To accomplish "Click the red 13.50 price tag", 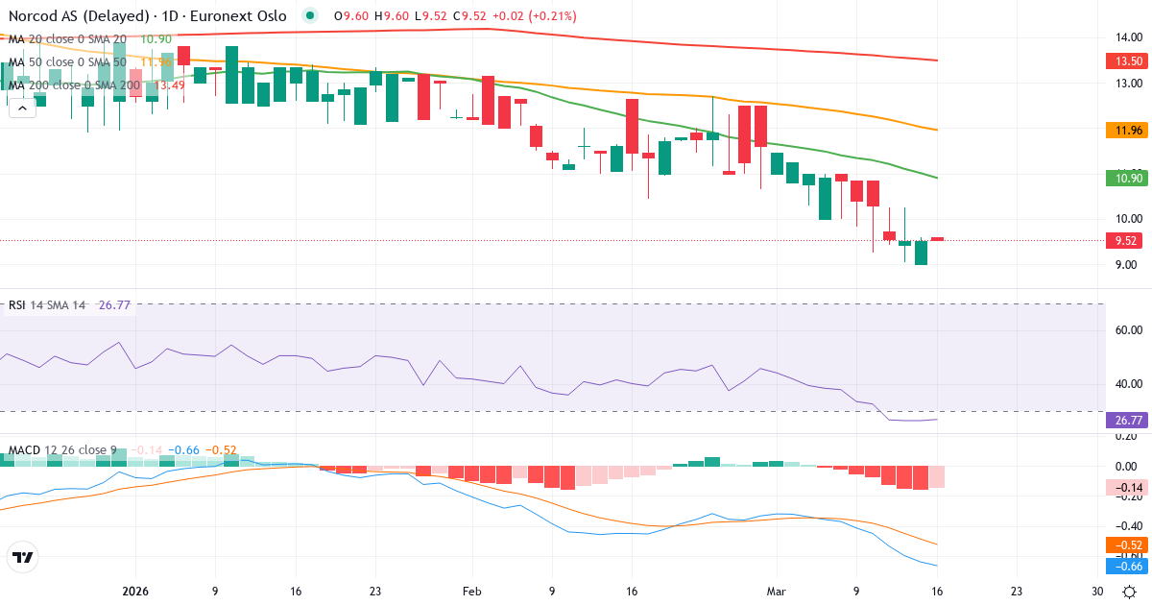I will click(1128, 60).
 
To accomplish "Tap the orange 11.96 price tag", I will click(1128, 130).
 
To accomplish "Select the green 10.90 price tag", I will click(1128, 178).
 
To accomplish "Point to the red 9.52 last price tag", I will click(1128, 241).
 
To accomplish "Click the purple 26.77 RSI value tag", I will click(1128, 420).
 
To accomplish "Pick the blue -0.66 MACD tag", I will click(1128, 567).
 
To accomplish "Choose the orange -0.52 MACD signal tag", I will click(1128, 545).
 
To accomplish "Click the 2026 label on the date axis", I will click(135, 592).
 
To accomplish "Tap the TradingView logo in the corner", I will click(22, 557).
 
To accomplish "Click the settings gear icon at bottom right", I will click(1131, 592).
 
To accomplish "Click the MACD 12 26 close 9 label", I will click(63, 449).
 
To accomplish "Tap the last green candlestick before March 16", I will click(921, 253).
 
